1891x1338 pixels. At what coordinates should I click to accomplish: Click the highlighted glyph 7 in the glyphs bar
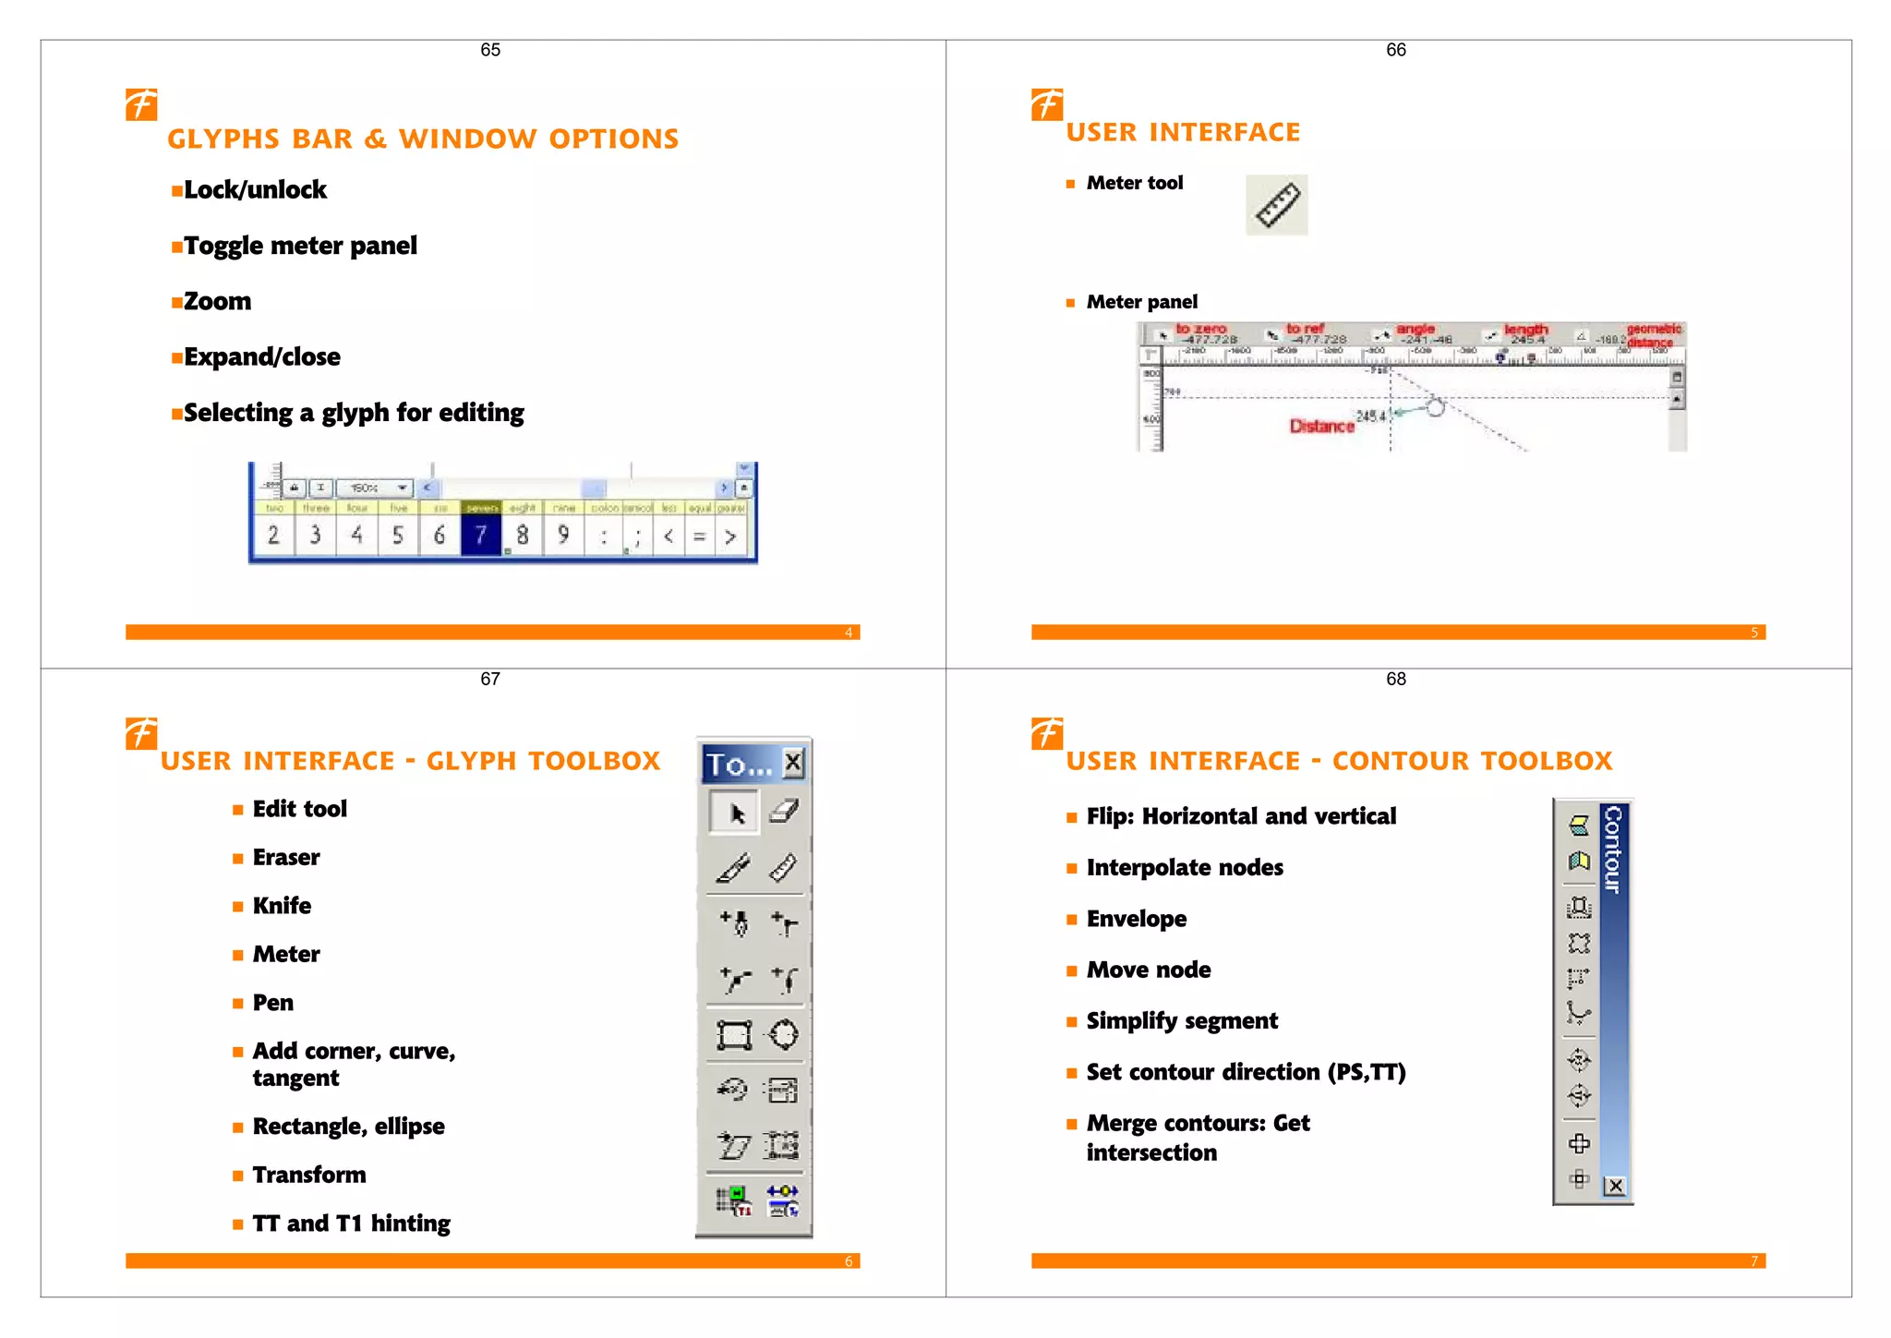click(x=480, y=535)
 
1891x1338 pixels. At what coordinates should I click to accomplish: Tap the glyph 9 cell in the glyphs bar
click(x=563, y=535)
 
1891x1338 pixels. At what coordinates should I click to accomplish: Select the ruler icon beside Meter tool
click(x=1277, y=205)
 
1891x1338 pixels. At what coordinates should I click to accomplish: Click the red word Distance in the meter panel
click(x=1321, y=426)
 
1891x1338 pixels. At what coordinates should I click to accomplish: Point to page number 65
click(x=490, y=50)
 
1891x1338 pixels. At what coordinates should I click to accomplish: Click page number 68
click(x=1395, y=679)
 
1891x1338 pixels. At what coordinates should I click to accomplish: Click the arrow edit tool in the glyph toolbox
click(x=736, y=813)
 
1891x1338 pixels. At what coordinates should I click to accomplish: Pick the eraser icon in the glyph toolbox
click(x=783, y=811)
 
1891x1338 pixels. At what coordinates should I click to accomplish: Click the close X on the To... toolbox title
click(x=793, y=763)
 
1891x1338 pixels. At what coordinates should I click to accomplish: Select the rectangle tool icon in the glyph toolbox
click(x=735, y=1035)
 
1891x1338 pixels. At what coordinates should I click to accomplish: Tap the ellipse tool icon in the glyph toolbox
click(x=784, y=1034)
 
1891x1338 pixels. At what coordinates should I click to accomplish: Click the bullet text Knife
click(x=282, y=906)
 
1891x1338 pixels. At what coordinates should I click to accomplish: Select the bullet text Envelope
click(x=1136, y=919)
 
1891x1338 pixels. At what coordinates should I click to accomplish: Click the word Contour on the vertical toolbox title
click(x=1612, y=849)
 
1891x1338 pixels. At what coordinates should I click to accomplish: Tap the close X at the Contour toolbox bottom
click(x=1614, y=1186)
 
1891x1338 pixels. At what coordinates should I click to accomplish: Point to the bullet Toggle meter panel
click(x=300, y=246)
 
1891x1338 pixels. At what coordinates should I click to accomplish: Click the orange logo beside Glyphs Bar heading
click(x=141, y=104)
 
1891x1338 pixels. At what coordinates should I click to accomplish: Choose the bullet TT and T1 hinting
click(x=351, y=1223)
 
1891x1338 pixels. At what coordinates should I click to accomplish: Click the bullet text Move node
click(x=1148, y=970)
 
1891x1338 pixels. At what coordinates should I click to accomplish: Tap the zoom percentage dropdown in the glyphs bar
click(x=374, y=488)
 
